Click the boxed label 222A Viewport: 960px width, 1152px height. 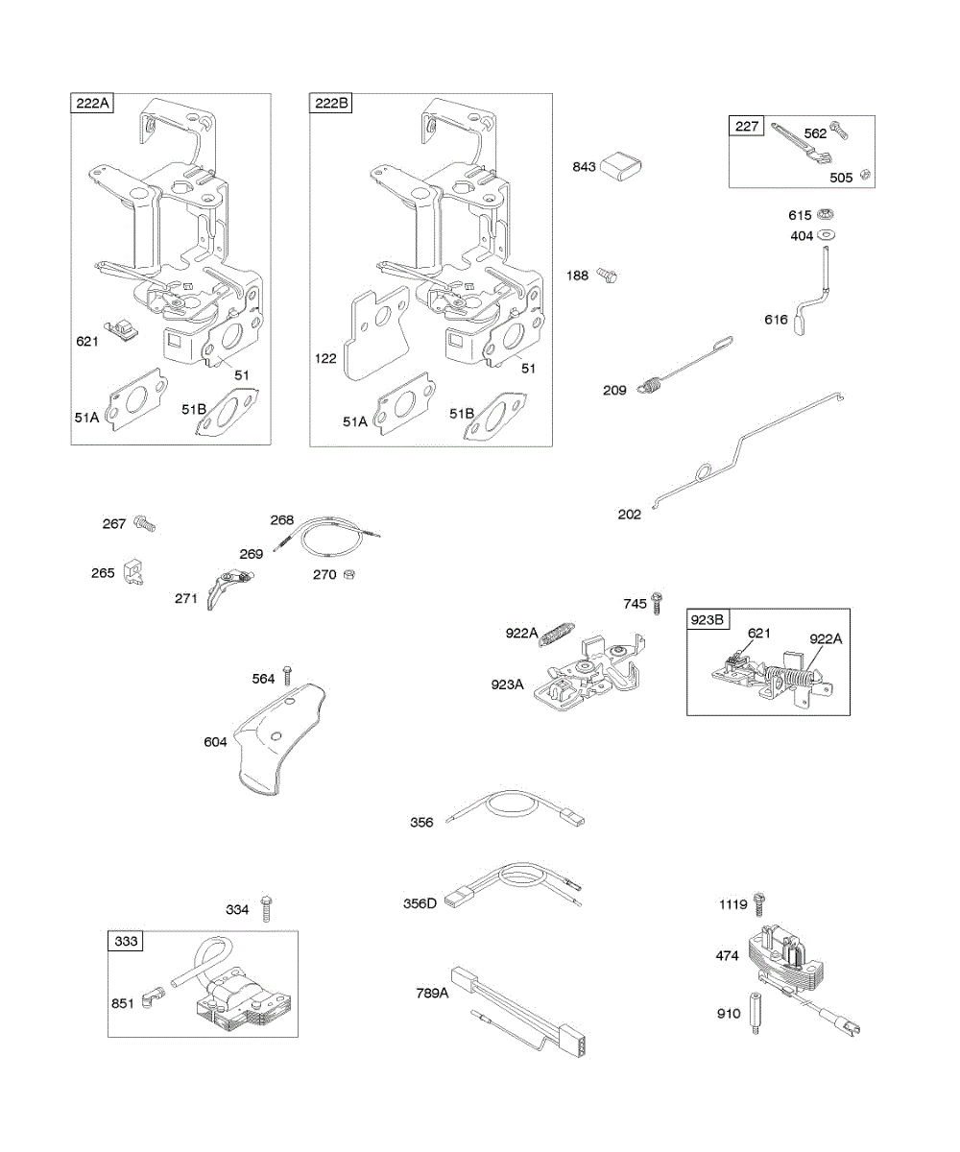[x=91, y=104]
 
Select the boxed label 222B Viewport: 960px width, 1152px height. [x=330, y=104]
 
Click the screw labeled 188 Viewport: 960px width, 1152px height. [x=606, y=276]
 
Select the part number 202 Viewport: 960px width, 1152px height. [x=629, y=515]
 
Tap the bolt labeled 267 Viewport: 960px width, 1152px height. [x=144, y=524]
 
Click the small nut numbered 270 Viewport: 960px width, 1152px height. [x=352, y=574]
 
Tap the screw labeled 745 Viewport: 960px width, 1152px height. [x=658, y=603]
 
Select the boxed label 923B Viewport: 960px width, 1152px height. [x=708, y=619]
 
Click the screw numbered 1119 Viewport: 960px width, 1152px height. [x=759, y=902]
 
